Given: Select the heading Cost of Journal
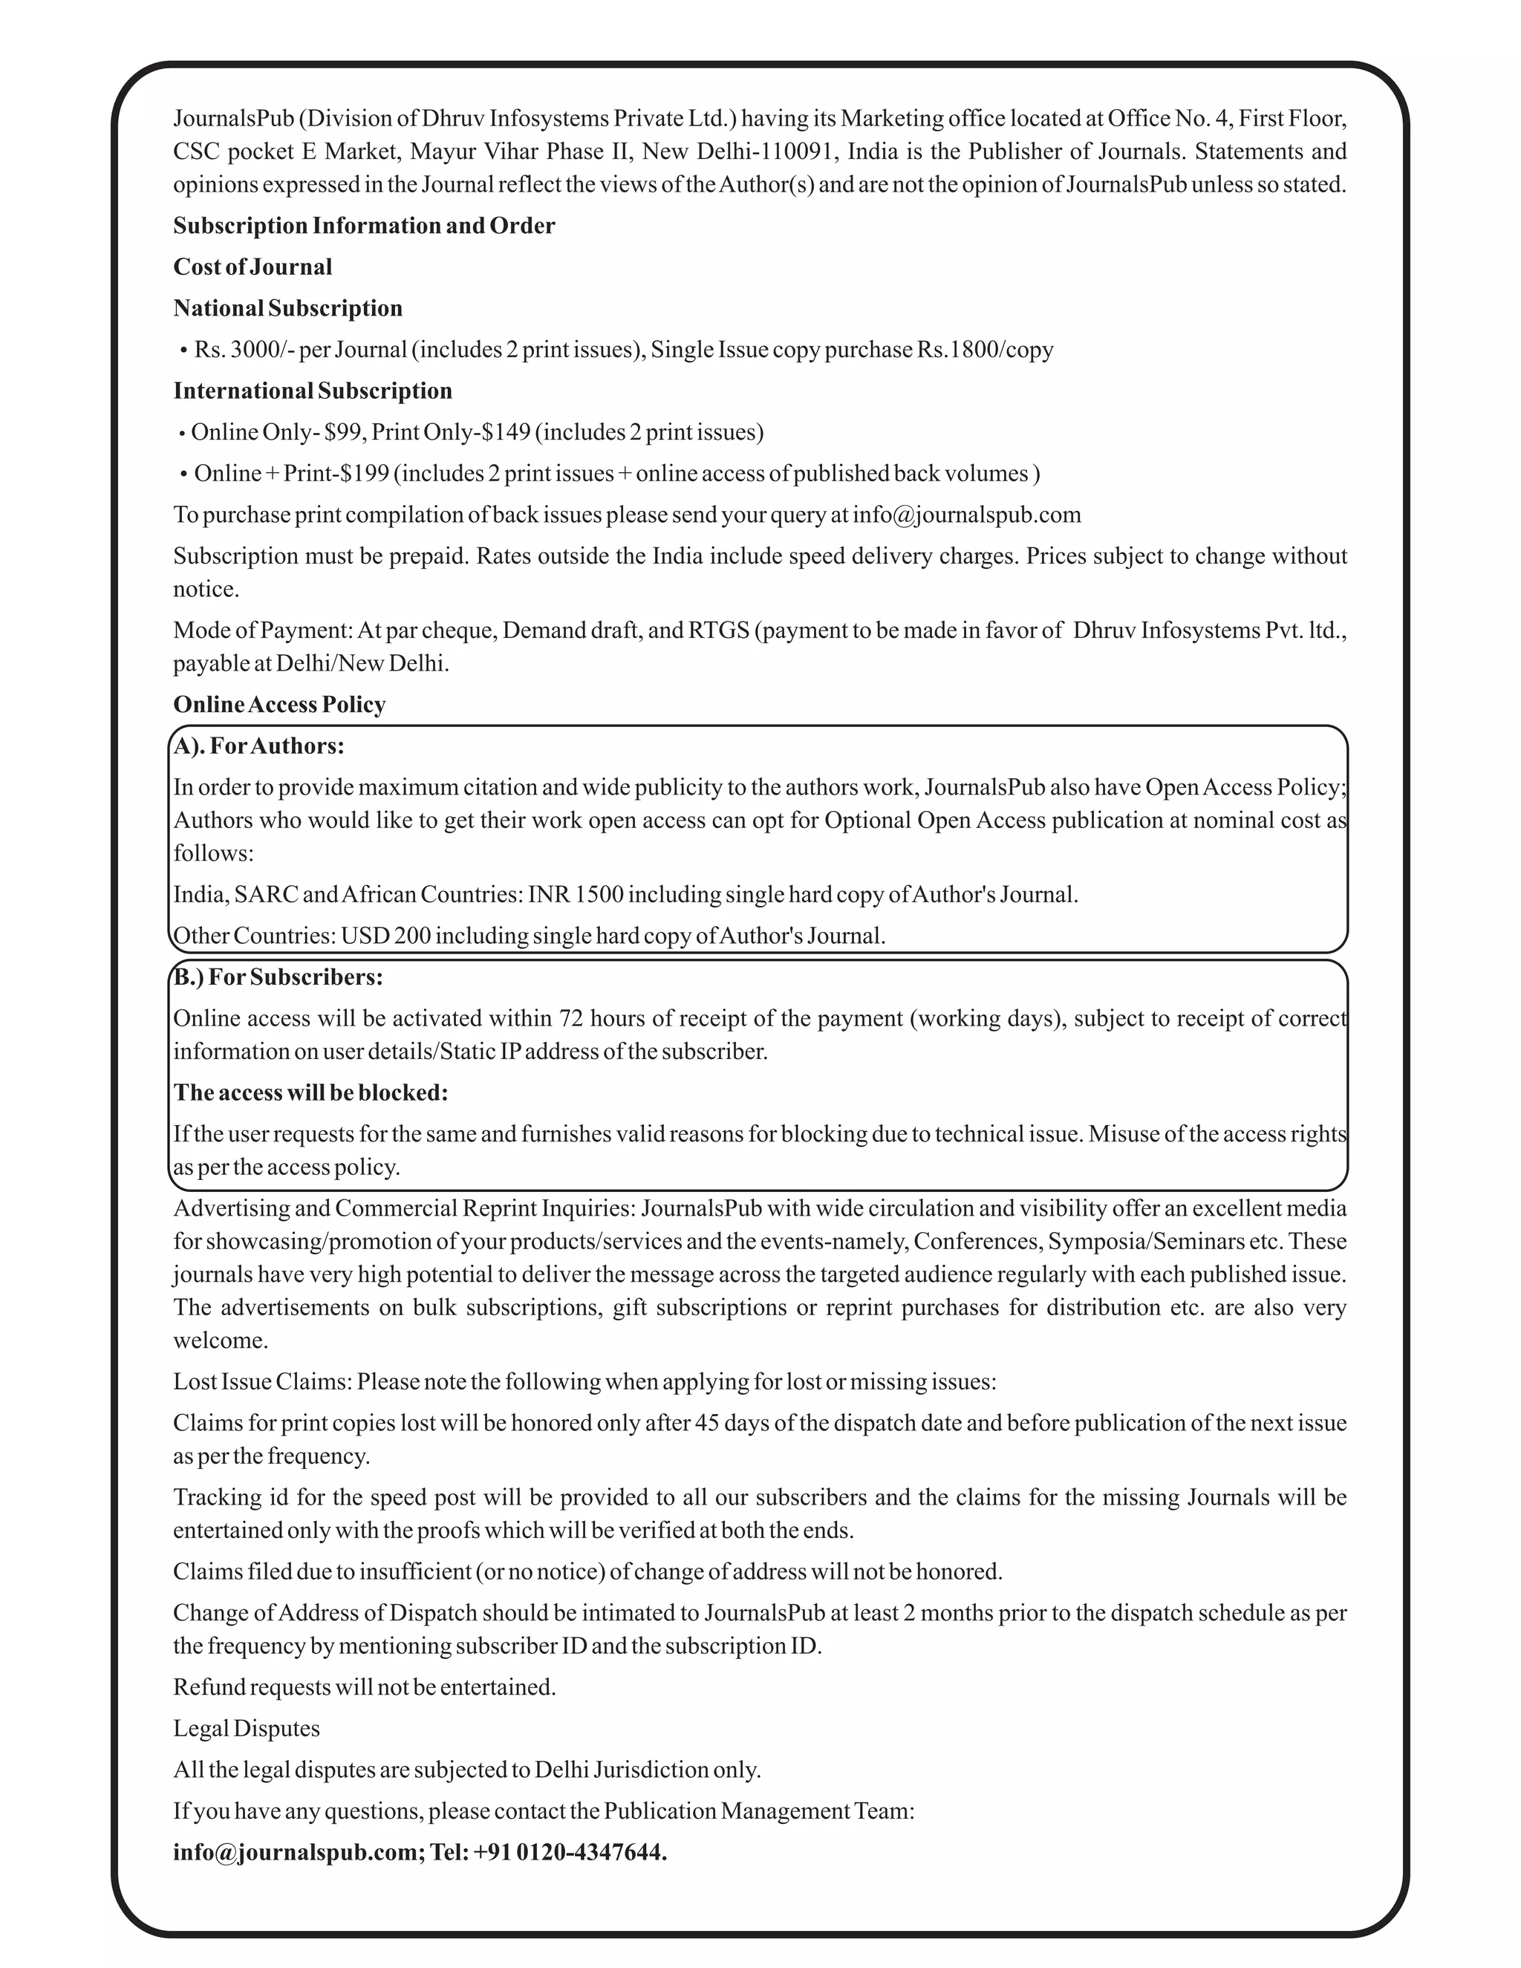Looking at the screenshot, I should (253, 267).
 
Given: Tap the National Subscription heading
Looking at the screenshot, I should (287, 308).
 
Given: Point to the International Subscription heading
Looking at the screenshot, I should (313, 391).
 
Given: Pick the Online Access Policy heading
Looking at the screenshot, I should (279, 705).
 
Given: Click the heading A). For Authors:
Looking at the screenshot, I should (258, 746).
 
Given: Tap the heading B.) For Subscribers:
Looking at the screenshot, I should (278, 978).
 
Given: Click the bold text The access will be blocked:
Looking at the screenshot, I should (310, 1093).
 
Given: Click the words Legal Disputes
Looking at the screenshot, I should (246, 1729).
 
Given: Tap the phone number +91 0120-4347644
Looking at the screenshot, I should (570, 1853).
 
